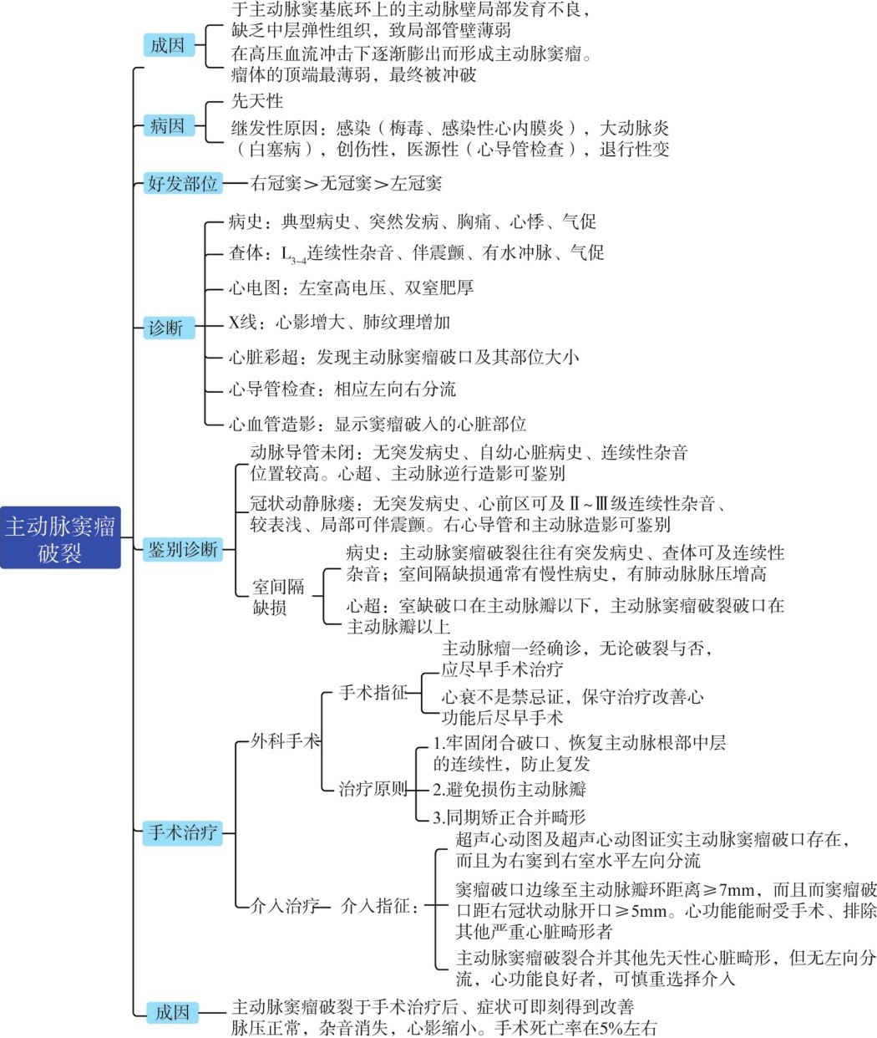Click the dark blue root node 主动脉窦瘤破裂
coord(60,537)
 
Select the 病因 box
coord(167,126)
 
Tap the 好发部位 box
coord(182,183)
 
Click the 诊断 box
coord(165,328)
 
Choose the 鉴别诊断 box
coord(183,548)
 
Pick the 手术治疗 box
coord(182,832)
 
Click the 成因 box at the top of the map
coord(167,45)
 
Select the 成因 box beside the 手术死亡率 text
coord(172,1012)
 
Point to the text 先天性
coord(257,101)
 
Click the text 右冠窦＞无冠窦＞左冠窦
coord(347,183)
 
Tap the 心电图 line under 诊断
coord(352,287)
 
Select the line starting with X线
coord(340,322)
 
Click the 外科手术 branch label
coord(286,740)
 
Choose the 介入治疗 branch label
coord(286,905)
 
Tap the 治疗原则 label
coord(373,788)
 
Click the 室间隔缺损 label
coord(278,597)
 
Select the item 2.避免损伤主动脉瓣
coord(509,788)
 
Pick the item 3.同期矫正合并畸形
coord(509,817)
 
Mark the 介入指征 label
coord(380,905)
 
